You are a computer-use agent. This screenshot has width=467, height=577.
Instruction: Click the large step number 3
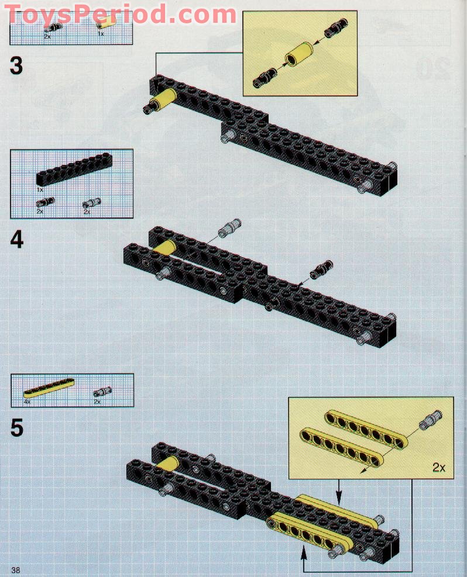[16, 65]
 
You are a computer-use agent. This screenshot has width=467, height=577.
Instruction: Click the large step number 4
[16, 240]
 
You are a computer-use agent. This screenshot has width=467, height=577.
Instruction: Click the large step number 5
[16, 429]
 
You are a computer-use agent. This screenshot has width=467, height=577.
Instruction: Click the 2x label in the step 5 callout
[439, 467]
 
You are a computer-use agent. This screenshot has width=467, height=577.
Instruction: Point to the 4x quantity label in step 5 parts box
[27, 402]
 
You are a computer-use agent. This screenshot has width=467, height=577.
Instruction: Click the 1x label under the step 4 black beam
[40, 190]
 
